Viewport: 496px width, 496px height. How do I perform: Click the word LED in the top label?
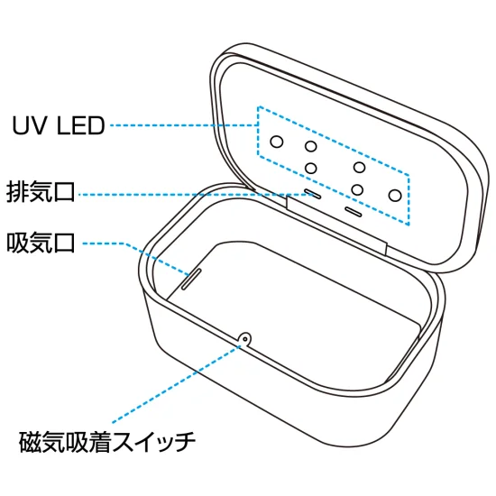[81, 125]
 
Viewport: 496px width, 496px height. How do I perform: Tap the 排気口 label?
[41, 192]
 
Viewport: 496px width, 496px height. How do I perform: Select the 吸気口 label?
[41, 243]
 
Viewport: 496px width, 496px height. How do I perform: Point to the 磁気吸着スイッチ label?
[107, 444]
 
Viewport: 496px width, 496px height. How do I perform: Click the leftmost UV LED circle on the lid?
[278, 141]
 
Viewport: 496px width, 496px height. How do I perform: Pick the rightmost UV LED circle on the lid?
[394, 193]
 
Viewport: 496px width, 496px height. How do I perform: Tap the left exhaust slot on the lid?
[311, 193]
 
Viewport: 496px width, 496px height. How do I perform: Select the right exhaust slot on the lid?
[352, 213]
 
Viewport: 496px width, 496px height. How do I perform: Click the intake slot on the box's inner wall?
[191, 277]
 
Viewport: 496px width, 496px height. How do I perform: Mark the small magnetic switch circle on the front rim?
[243, 338]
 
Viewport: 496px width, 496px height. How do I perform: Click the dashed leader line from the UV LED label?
[180, 125]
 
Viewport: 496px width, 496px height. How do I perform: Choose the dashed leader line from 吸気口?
[108, 243]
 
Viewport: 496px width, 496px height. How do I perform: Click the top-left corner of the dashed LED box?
[259, 108]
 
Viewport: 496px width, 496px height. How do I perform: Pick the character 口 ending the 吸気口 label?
[63, 243]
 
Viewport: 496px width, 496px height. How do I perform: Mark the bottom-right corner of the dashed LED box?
[407, 223]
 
